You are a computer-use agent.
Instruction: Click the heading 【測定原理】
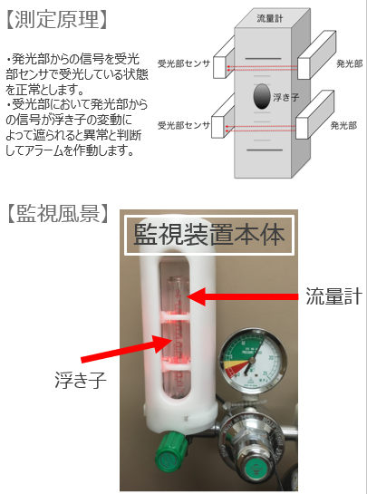point(56,18)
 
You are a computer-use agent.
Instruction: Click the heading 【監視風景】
point(56,216)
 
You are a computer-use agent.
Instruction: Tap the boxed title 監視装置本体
point(209,233)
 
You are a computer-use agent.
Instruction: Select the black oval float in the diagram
point(261,94)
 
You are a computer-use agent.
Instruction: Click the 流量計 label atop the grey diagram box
point(270,18)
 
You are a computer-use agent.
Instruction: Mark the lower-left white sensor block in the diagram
point(217,126)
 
